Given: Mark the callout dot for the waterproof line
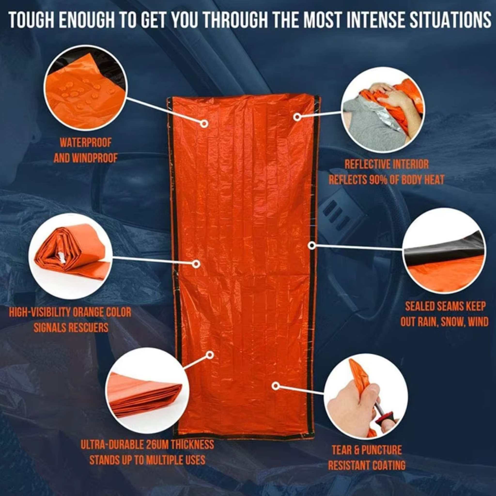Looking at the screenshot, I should click(x=204, y=124).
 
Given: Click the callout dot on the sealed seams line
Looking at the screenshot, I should click(x=312, y=245).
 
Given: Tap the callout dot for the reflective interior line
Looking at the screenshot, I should click(x=297, y=117).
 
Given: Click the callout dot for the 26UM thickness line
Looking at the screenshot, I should click(x=210, y=355).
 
